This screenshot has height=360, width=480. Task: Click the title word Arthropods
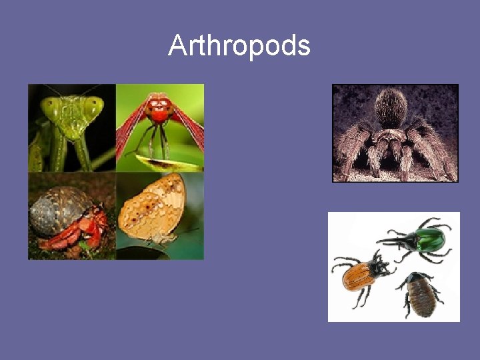coord(239,46)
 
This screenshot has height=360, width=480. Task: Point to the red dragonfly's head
coord(159,107)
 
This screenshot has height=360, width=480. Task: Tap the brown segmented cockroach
coord(422,294)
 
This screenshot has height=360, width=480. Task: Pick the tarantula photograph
coord(395,133)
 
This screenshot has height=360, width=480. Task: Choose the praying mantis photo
coord(71,127)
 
